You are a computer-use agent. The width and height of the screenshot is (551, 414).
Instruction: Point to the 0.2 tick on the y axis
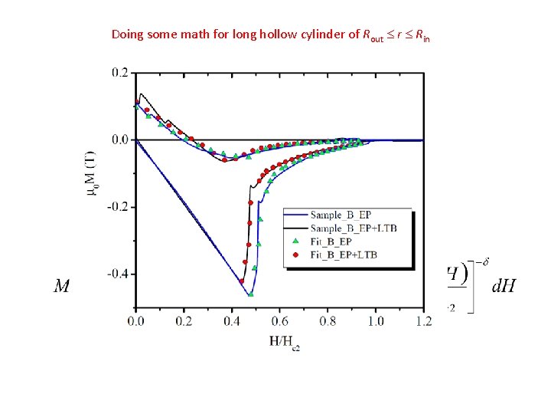[x=119, y=73]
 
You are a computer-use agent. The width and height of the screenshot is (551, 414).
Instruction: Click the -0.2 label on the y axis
[x=118, y=207]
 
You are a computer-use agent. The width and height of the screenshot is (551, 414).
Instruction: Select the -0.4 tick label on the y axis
[x=118, y=274]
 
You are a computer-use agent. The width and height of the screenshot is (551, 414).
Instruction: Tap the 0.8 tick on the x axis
[x=327, y=321]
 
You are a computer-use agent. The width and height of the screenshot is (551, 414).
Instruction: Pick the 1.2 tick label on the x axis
[x=423, y=321]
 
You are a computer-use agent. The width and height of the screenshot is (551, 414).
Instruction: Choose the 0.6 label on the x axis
[x=279, y=321]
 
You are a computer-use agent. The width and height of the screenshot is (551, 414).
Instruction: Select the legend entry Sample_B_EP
[x=351, y=215]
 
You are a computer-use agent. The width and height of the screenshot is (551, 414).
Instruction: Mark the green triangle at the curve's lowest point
[x=250, y=294]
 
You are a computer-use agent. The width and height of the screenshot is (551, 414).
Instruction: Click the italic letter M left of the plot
[x=62, y=287]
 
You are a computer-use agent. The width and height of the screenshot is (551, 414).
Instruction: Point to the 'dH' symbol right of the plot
[x=503, y=287]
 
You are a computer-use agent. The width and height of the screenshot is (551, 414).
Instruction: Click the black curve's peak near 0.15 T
[x=142, y=94]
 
